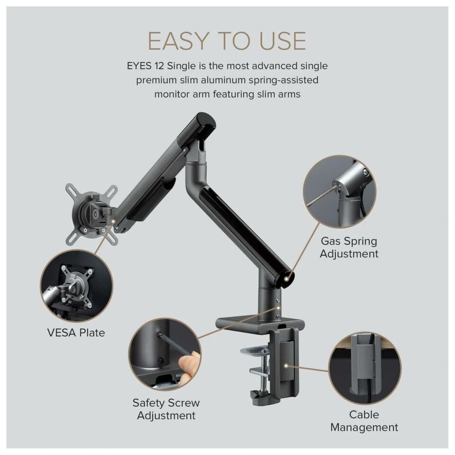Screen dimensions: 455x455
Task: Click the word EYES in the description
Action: (139, 66)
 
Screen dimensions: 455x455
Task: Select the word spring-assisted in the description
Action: (283, 81)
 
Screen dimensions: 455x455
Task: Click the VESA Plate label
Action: (76, 333)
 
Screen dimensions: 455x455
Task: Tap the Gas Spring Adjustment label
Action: (349, 247)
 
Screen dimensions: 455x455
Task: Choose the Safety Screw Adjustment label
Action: (166, 409)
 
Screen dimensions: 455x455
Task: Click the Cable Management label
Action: (364, 421)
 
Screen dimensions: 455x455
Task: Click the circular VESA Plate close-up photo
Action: (77, 285)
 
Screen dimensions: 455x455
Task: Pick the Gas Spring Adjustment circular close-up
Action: (339, 192)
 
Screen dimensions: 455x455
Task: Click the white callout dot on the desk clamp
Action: (286, 366)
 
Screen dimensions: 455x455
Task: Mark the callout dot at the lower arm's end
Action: (286, 279)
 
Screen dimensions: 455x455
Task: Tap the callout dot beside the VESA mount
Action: (113, 221)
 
